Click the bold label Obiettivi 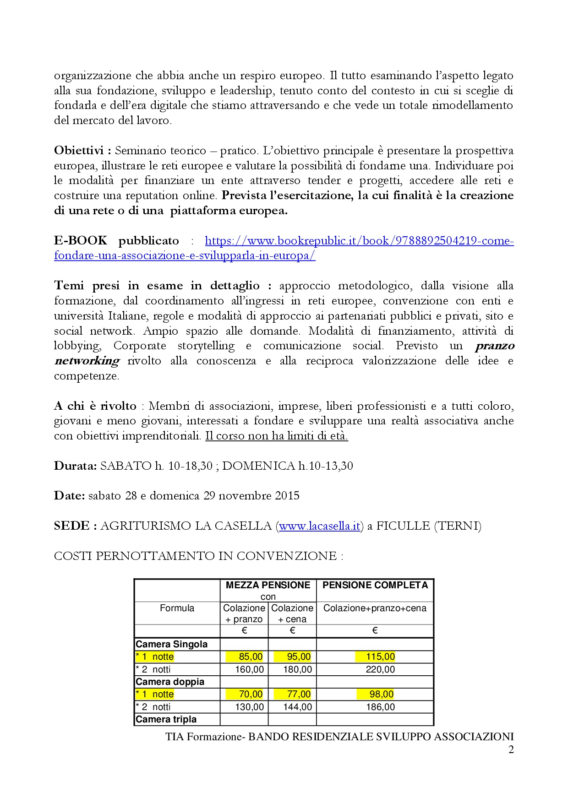coord(80,151)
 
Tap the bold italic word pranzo coord(494,346)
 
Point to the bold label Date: coord(69,496)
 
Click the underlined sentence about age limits coord(276,436)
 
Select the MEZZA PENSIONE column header coord(268,585)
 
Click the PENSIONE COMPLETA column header coord(375,585)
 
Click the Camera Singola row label coord(172,644)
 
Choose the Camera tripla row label coord(166,719)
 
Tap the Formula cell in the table coord(177,608)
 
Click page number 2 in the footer coord(511,749)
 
